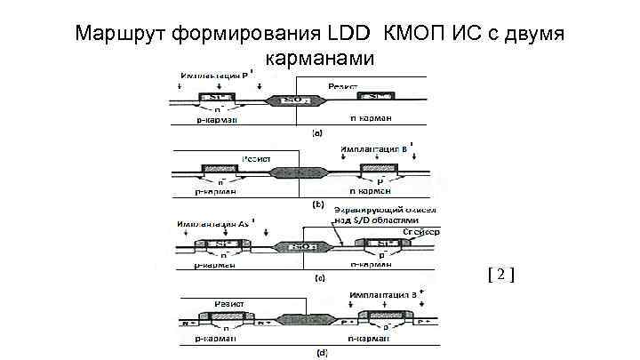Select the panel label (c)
point(319,277)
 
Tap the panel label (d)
point(321,352)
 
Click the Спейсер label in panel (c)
point(420,231)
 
